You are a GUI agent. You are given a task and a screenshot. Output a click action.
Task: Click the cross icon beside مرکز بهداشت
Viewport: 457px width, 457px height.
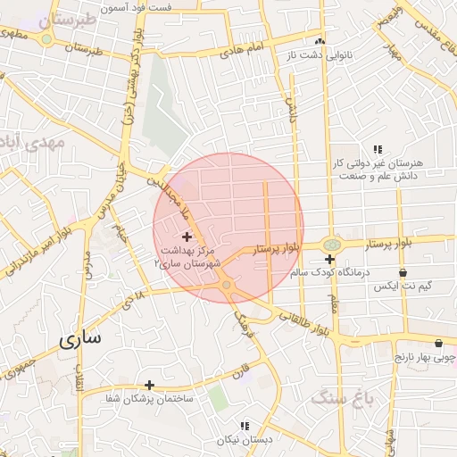click(x=187, y=237)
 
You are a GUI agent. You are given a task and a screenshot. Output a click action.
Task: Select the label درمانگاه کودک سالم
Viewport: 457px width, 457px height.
click(x=329, y=276)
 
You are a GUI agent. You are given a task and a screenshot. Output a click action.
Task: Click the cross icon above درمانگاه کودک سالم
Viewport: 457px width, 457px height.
click(x=329, y=259)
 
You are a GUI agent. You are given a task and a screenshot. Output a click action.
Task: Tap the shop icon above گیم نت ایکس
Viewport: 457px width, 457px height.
click(x=403, y=271)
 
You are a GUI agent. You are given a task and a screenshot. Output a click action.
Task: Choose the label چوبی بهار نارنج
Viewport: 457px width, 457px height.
click(x=427, y=357)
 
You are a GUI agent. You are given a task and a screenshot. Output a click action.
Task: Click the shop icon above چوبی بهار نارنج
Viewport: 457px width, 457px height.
click(x=438, y=343)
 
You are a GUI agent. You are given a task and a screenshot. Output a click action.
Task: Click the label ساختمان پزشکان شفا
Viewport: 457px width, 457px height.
click(x=150, y=398)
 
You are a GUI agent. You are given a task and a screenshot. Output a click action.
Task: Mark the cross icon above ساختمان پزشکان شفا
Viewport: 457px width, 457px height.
click(x=150, y=384)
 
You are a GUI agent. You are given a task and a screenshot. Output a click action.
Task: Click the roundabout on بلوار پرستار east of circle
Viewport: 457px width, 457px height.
click(x=331, y=243)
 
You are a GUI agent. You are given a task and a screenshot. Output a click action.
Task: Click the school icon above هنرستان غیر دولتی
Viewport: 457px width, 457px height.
click(x=378, y=149)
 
